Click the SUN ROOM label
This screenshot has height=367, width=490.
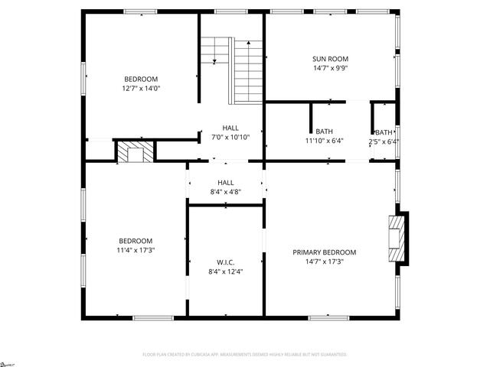330,59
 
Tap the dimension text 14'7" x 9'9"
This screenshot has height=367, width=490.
330,68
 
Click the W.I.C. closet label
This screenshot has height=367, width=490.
225,261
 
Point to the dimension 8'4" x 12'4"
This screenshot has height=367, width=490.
225,271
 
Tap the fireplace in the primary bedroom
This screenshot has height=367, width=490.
397,239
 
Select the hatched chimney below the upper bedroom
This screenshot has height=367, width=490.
135,151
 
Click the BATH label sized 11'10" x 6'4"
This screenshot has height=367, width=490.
324,132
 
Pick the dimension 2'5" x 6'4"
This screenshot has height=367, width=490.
384,141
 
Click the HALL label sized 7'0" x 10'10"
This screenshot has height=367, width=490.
230,128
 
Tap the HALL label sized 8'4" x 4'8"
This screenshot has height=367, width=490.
225,183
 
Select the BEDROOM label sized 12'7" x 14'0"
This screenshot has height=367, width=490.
141,79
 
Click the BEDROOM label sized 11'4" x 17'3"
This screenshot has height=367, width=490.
135,240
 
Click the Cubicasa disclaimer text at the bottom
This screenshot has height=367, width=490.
245,354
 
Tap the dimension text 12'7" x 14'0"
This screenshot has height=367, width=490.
141,88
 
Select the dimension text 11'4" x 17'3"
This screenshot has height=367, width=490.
135,250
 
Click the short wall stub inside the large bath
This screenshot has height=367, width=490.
310,119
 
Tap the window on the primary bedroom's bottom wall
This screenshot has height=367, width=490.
330,317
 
